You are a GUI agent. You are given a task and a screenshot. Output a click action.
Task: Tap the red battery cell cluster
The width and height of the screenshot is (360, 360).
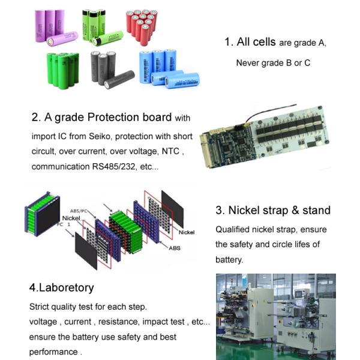click(x=141, y=26)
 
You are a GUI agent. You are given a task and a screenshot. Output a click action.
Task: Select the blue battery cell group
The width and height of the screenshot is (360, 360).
click(x=165, y=70)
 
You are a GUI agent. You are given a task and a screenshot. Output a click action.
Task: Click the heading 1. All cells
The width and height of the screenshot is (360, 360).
click(x=250, y=42)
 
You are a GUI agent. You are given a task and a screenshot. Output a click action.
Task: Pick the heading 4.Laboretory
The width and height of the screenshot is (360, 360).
click(x=61, y=287)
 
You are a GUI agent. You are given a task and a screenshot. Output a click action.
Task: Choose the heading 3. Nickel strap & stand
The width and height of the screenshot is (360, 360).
click(x=273, y=211)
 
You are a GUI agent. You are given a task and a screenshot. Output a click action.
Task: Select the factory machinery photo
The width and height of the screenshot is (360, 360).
click(x=275, y=316)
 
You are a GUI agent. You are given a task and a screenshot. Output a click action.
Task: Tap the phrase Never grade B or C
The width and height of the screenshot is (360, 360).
click(x=273, y=62)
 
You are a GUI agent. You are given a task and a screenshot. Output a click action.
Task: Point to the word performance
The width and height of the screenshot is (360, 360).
click(x=53, y=352)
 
